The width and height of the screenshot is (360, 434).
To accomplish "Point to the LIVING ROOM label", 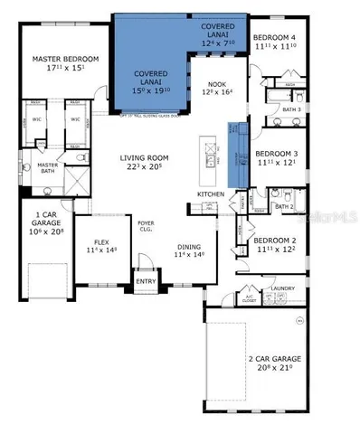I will [x=146, y=158].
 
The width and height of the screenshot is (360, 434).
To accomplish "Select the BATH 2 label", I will [x=285, y=206].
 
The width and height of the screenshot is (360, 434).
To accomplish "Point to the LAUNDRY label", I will [x=286, y=288].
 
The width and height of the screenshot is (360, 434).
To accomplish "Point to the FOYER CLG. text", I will [x=146, y=227].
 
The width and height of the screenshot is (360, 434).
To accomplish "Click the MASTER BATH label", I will [x=47, y=169].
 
